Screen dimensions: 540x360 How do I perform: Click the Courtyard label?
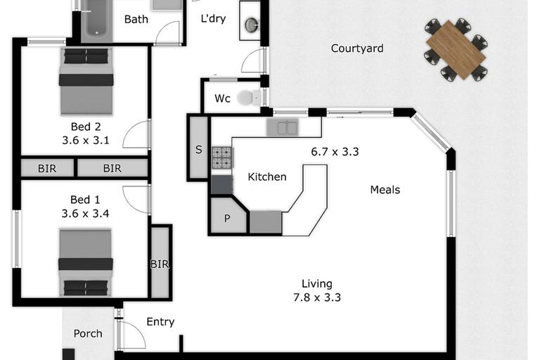(357, 49)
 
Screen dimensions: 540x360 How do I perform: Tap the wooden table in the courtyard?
(456, 50)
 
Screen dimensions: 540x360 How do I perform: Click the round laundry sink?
(252, 25)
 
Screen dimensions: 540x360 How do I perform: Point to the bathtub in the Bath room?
(97, 21)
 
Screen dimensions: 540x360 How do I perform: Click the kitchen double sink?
(283, 127)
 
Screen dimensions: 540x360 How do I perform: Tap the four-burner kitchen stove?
(221, 157)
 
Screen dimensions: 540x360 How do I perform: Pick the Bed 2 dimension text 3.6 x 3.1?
(86, 140)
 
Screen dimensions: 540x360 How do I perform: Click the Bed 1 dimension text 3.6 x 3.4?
(85, 214)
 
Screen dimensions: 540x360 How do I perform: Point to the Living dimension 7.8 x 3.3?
(317, 297)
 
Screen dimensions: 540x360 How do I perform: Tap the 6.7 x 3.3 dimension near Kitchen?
(335, 152)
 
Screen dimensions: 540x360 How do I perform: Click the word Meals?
(385, 190)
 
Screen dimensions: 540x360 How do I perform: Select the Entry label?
(160, 322)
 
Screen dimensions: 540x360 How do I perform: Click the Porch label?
(88, 333)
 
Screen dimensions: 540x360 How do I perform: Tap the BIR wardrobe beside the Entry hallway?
(160, 262)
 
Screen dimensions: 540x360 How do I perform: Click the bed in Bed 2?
(86, 81)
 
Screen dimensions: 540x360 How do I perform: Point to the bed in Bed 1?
(86, 262)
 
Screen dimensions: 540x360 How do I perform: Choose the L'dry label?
(213, 18)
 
